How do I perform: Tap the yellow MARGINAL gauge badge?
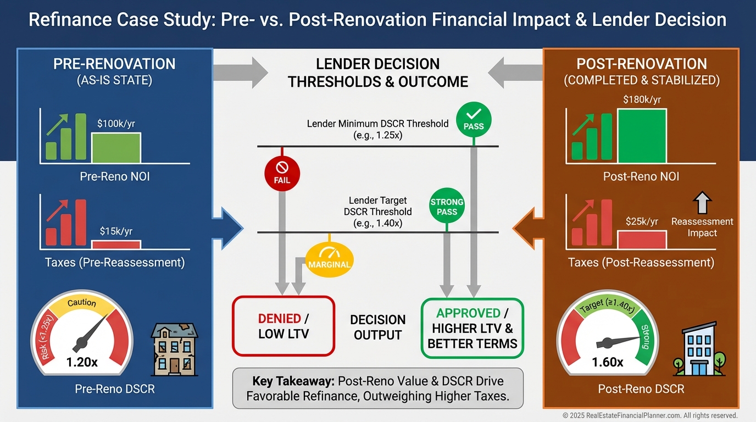pos(329,259)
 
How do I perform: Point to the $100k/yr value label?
pos(116,124)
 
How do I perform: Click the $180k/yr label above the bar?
pos(642,100)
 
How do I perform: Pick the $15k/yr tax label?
pos(116,231)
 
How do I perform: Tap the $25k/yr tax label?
pos(642,221)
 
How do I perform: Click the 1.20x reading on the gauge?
pos(82,362)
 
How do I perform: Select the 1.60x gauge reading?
pos(608,362)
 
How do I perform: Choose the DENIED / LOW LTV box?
pos(283,326)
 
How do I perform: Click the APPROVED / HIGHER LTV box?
pos(472,328)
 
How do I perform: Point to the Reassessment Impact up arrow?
pos(702,202)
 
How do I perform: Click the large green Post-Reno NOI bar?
pos(642,136)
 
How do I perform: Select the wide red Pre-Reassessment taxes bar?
pos(116,245)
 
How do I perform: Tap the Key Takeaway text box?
pos(378,388)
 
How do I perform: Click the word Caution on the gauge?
pos(82,303)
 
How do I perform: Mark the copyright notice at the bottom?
pos(649,416)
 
